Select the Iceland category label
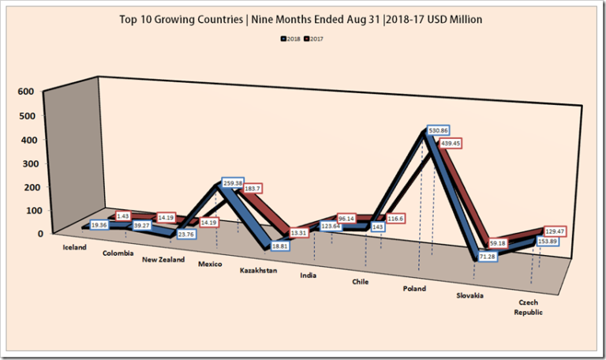[75, 247]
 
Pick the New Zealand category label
[163, 260]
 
